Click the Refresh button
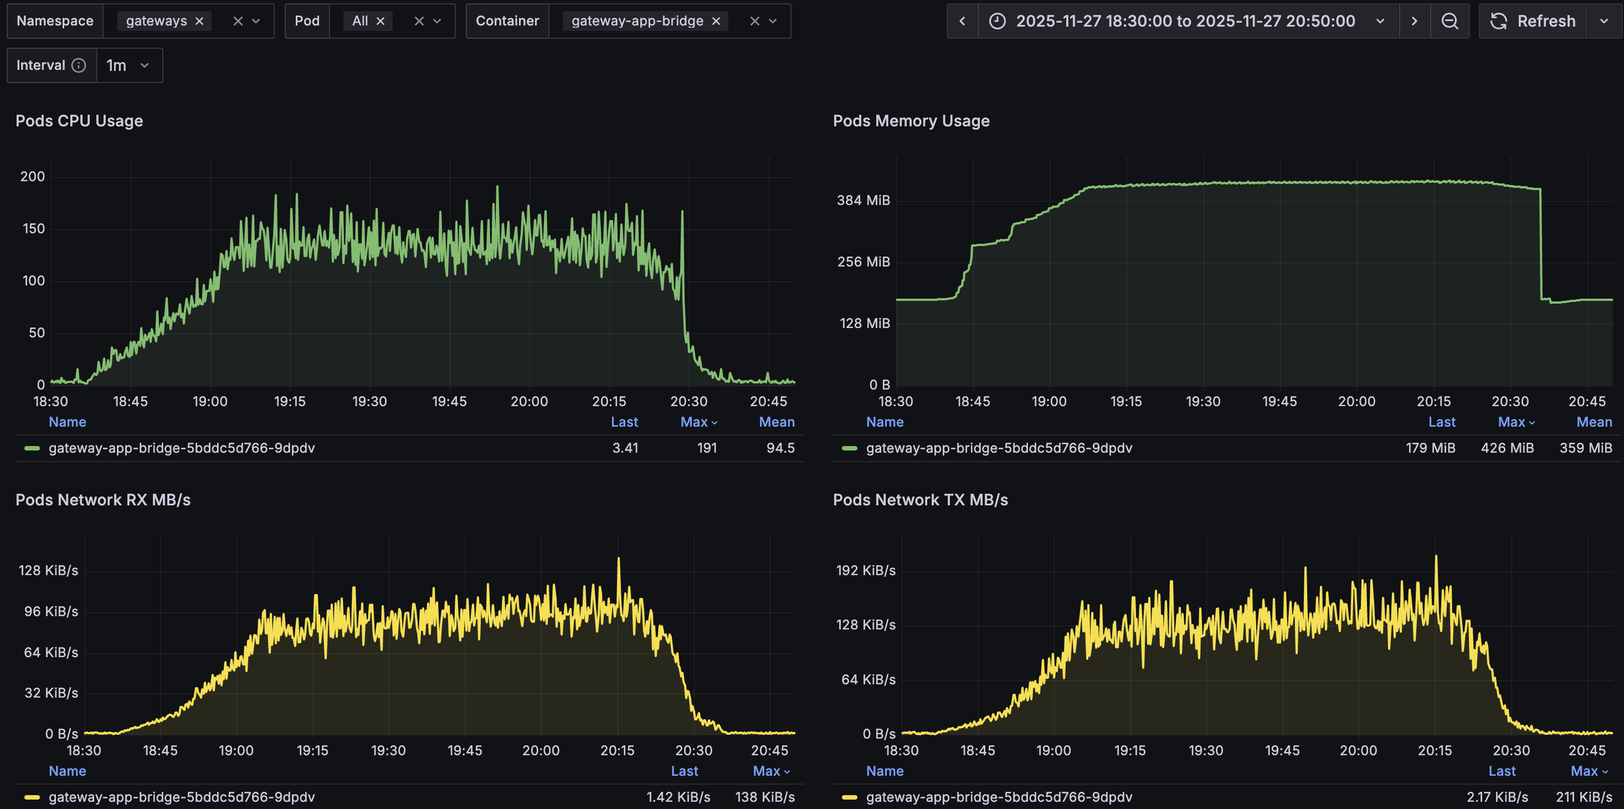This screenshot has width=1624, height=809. [1533, 22]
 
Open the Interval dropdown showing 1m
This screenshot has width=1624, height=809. [129, 65]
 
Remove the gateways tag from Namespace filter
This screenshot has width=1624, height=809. [199, 22]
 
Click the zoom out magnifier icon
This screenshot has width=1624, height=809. [1450, 22]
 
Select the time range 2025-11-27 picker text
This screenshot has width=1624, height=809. [1185, 22]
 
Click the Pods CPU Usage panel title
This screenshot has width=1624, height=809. [79, 121]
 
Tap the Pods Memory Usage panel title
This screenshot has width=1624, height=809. [911, 121]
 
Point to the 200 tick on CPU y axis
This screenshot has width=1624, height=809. [33, 177]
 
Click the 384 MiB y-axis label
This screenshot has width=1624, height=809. [863, 201]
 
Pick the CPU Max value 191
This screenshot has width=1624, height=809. [707, 448]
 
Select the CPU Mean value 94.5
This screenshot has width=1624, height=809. [780, 448]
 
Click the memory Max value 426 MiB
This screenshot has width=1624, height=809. [1507, 448]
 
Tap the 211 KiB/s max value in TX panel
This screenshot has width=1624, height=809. [1584, 797]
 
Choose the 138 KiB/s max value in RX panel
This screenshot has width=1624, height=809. [765, 797]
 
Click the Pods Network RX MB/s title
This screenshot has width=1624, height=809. [103, 500]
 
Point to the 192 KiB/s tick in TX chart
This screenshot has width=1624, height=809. [866, 571]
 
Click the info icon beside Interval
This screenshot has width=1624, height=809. [79, 65]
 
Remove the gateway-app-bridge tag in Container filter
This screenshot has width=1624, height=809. [716, 22]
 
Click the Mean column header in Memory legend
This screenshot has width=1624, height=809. [1594, 422]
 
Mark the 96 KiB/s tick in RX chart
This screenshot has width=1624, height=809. [51, 612]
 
